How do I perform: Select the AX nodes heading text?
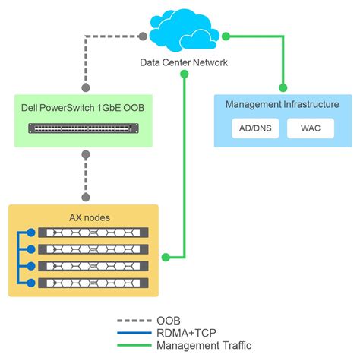[x=84, y=217]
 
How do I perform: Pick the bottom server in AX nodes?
[x=94, y=283]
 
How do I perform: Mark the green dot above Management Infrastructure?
[x=283, y=87]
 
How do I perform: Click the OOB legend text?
[x=169, y=321]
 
